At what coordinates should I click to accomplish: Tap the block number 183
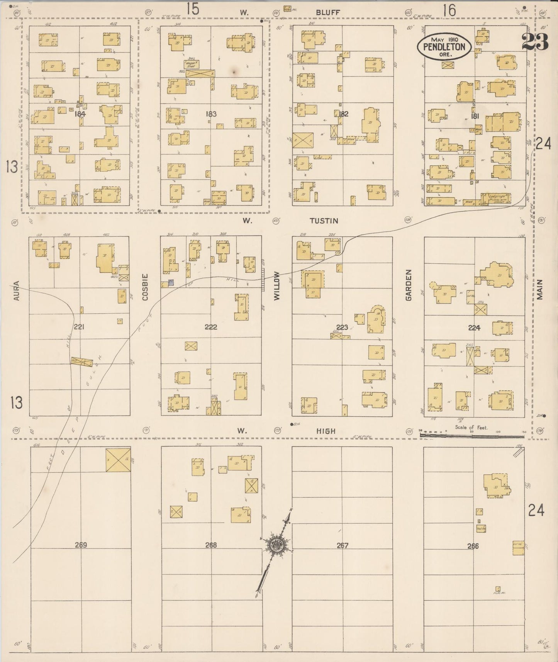(211, 114)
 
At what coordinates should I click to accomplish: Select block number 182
(343, 114)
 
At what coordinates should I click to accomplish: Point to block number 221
(79, 327)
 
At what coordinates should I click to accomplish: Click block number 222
(211, 327)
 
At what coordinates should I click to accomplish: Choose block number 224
(474, 328)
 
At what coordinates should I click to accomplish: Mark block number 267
(343, 545)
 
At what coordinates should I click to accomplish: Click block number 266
(473, 546)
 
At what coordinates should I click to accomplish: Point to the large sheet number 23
(535, 42)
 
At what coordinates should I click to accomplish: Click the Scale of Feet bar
(472, 436)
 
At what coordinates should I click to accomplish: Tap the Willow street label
(276, 286)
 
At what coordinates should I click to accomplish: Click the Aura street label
(17, 291)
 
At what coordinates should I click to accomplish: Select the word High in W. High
(326, 431)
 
